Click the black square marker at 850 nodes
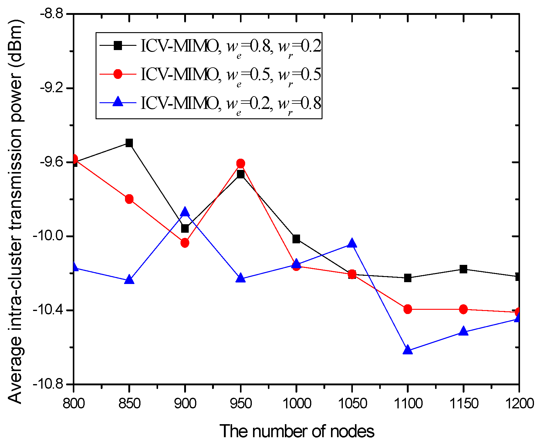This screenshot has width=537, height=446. pos(129,143)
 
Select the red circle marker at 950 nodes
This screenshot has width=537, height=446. pos(241,164)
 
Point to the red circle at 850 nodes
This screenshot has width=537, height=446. pos(129,199)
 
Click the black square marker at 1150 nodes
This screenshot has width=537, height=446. pos(463,269)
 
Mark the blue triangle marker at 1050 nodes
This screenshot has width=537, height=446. pos(352,243)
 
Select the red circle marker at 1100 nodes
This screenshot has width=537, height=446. pos(408,309)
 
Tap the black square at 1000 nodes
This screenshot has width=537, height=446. pos(296,239)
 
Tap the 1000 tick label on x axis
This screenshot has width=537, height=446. pos(297,403)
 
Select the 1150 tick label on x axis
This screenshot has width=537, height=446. pos(463,403)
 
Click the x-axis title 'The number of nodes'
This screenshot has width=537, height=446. pos(297,431)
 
